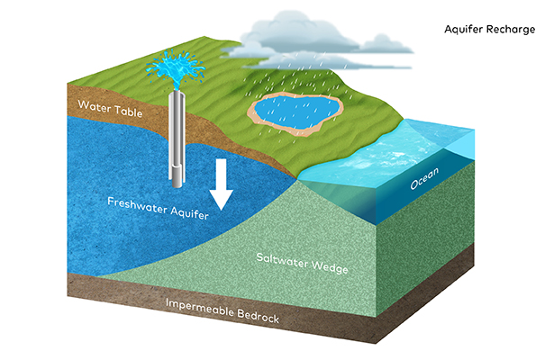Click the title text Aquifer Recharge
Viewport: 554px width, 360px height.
point(489,29)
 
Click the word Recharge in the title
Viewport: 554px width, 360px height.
point(511,29)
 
